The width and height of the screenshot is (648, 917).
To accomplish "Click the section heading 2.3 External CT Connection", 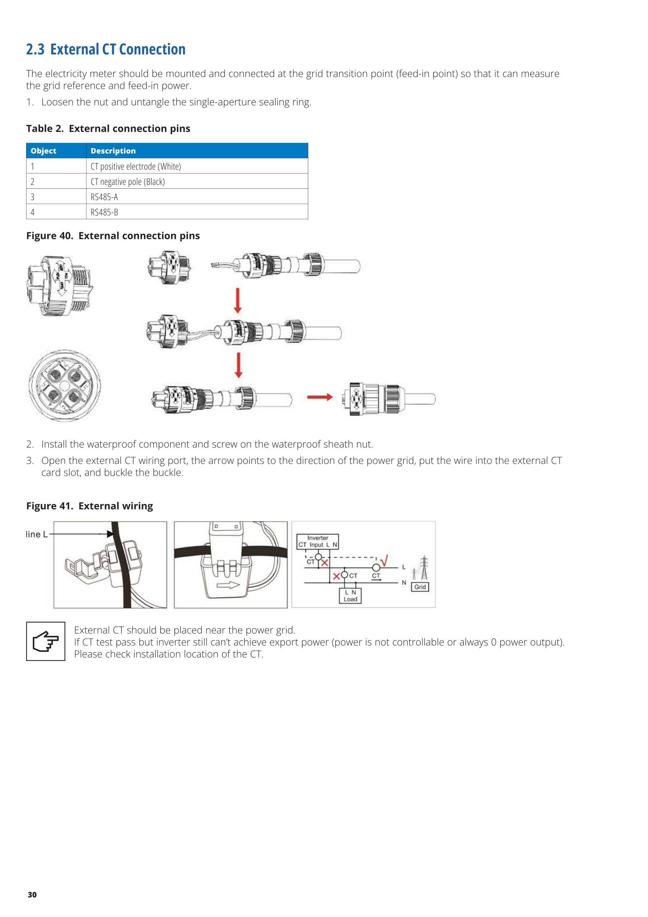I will (x=106, y=49).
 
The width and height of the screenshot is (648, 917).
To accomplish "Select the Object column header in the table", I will (x=44, y=150).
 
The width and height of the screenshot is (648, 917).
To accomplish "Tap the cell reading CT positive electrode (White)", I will (x=136, y=166).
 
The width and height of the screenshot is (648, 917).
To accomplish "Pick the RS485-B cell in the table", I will (x=104, y=212).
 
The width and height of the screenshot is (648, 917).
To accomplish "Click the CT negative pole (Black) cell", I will (x=128, y=182).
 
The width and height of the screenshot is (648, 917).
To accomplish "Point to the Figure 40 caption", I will (x=113, y=236).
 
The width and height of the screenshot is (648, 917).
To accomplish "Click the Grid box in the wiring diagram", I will (x=420, y=587).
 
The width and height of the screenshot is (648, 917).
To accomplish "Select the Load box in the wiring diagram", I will (x=350, y=595).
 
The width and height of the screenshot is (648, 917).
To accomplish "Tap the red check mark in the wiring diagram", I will (x=385, y=561).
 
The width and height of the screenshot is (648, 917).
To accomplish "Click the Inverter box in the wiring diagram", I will (x=318, y=541).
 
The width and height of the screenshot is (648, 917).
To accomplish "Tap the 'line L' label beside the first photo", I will (x=36, y=534).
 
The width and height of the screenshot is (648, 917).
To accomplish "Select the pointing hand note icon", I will (x=45, y=641).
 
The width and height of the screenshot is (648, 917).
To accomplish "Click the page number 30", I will (x=32, y=895).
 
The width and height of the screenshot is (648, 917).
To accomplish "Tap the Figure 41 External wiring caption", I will (x=90, y=506).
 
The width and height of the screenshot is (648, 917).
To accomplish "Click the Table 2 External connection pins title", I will (x=108, y=129).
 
